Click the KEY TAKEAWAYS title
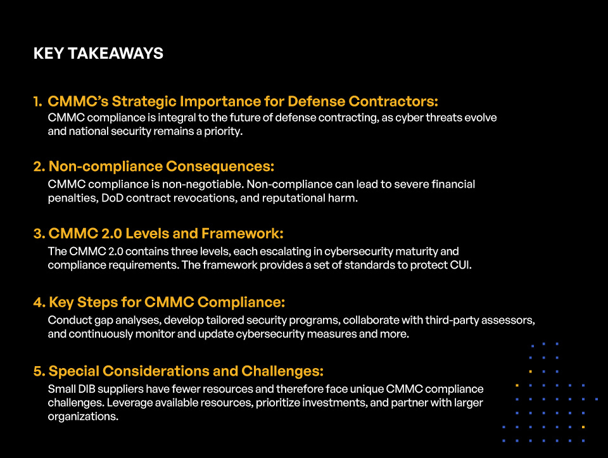[98, 54]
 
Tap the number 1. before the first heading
[38, 101]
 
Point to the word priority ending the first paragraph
[222, 132]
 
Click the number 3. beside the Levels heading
[39, 234]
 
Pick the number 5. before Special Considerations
[39, 371]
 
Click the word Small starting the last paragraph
[61, 388]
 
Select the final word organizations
[82, 417]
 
